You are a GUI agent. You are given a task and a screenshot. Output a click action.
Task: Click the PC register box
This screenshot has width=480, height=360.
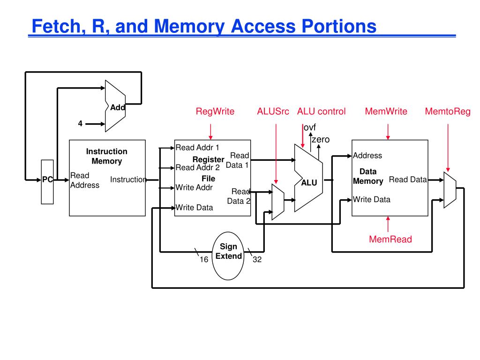click(x=47, y=182)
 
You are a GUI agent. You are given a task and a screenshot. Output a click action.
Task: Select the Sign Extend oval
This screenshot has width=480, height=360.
click(x=228, y=256)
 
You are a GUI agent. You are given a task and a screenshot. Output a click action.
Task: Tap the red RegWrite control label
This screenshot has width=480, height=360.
click(x=215, y=111)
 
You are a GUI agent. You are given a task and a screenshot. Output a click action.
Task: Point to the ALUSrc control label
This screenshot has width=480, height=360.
click(x=273, y=111)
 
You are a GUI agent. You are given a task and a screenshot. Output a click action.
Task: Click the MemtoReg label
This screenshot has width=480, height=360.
click(x=448, y=111)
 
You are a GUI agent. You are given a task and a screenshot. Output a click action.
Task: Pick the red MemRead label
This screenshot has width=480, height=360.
click(x=390, y=239)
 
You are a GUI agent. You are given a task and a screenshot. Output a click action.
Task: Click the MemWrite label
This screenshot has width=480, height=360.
click(x=386, y=111)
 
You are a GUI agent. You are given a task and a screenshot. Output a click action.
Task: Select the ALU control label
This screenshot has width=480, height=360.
click(x=321, y=111)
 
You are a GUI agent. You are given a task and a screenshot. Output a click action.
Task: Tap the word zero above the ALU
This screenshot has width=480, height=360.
click(x=321, y=140)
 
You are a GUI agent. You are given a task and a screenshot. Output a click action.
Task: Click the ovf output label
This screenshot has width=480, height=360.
click(x=309, y=127)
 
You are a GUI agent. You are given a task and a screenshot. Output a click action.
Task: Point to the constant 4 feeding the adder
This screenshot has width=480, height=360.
click(x=80, y=123)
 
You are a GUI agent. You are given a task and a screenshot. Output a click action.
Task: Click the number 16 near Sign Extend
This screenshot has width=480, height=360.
click(x=204, y=260)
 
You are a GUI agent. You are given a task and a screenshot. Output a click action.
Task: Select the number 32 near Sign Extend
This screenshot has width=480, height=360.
click(x=257, y=260)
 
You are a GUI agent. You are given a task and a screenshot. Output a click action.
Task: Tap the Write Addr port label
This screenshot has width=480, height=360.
click(x=194, y=187)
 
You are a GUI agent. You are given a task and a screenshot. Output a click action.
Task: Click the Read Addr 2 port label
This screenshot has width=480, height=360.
click(x=197, y=167)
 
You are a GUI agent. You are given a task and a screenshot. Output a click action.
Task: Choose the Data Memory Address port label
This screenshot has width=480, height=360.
click(x=367, y=156)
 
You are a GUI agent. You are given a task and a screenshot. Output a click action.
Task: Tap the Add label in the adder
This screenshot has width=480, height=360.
click(x=118, y=107)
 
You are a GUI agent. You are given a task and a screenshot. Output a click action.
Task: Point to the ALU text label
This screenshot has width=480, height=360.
click(x=309, y=183)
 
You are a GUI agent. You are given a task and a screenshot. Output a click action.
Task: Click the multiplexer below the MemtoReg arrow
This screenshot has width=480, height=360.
click(x=450, y=190)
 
